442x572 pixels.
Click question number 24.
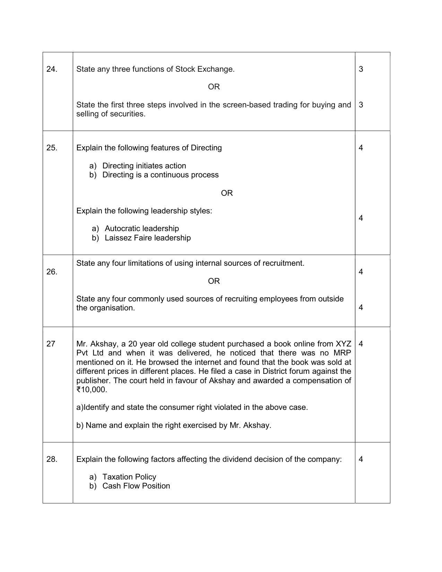pos(52,69)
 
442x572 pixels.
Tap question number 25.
pos(52,148)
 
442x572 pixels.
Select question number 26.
pos(52,272)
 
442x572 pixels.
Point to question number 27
pos(51,344)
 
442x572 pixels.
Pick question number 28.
pos(52,459)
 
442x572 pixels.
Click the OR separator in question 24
pos(214,87)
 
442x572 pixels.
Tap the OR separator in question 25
pos(227,193)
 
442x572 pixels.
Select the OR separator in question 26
pos(214,281)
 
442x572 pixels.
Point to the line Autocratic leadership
pos(142,229)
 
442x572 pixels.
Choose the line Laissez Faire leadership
pos(148,238)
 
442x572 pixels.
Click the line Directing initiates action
pos(144,166)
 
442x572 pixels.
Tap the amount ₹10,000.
pos(92,390)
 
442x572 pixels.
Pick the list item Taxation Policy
pos(129,477)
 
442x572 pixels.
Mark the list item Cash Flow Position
pos(136,486)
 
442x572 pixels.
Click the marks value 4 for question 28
pos(361,459)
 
